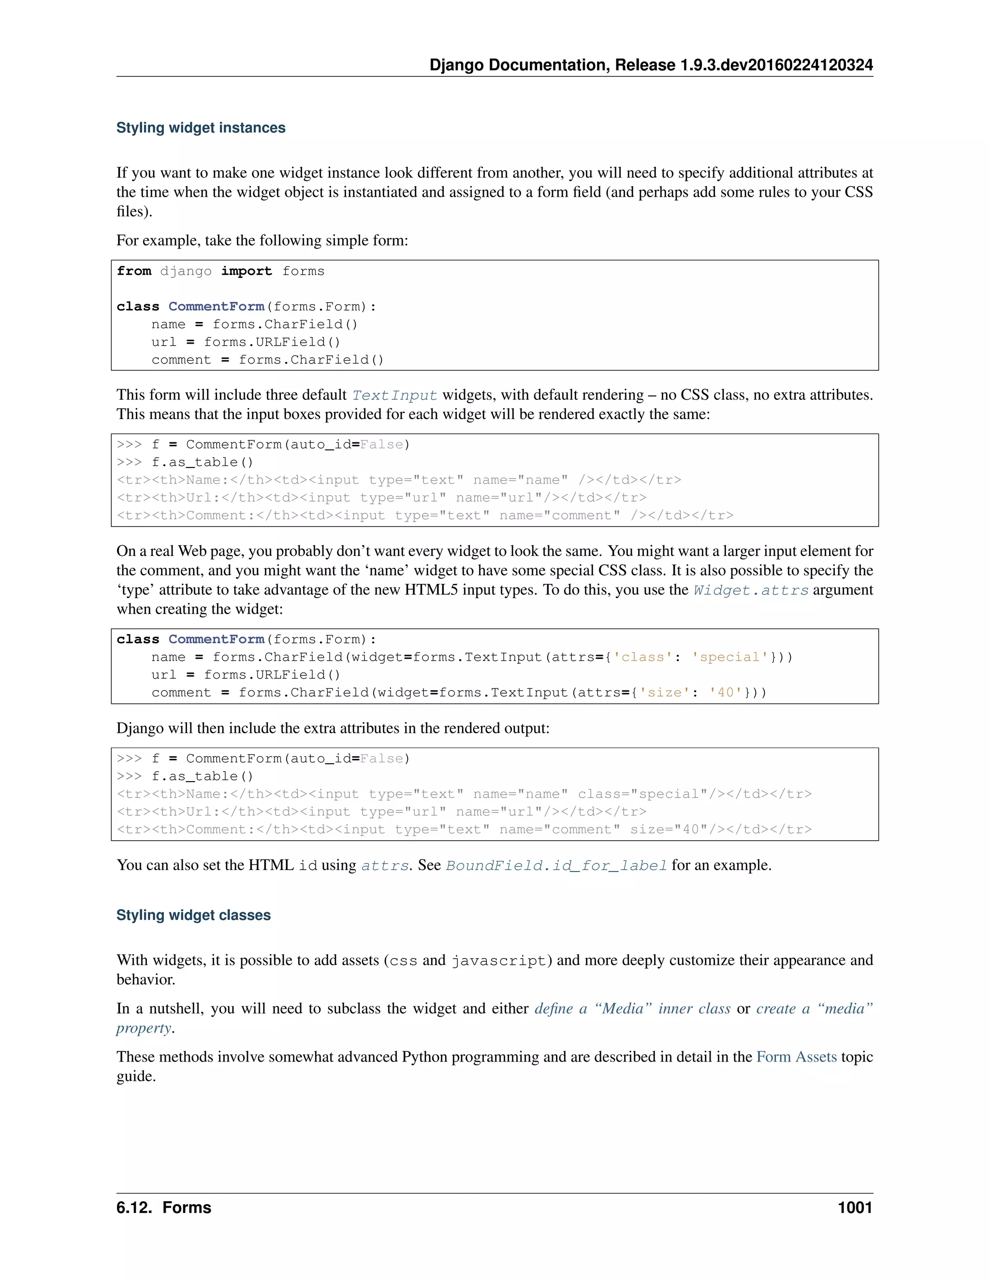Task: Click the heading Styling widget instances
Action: (x=201, y=128)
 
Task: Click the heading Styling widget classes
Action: (x=193, y=915)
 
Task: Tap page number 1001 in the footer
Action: (x=855, y=1207)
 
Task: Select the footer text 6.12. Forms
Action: (x=164, y=1207)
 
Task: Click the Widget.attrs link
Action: (x=751, y=590)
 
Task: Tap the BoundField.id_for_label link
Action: (x=556, y=866)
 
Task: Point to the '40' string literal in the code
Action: (x=726, y=693)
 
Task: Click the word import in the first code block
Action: (x=247, y=271)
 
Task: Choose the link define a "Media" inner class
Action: (x=632, y=1009)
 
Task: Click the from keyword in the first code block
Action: (x=134, y=271)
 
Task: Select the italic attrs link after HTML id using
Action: (x=385, y=866)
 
